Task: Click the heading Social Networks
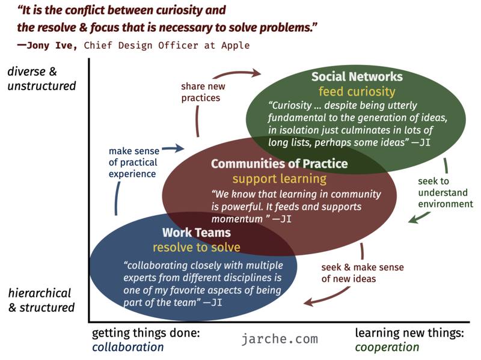(357, 77)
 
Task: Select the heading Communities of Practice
(279, 163)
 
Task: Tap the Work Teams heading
(197, 233)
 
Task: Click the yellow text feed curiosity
(357, 92)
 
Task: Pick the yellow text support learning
(280, 178)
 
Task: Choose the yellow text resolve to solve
(197, 247)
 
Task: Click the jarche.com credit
(280, 339)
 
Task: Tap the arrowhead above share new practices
(257, 73)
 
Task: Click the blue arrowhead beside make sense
(180, 148)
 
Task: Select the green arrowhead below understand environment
(413, 219)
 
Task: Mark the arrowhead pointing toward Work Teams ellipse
(308, 302)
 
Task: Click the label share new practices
(203, 92)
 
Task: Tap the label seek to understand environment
(446, 192)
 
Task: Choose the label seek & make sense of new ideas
(363, 273)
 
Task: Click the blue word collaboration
(128, 347)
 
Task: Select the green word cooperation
(387, 347)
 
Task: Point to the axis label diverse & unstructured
(41, 79)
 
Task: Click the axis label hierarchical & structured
(41, 301)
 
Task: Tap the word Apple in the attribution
(236, 46)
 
